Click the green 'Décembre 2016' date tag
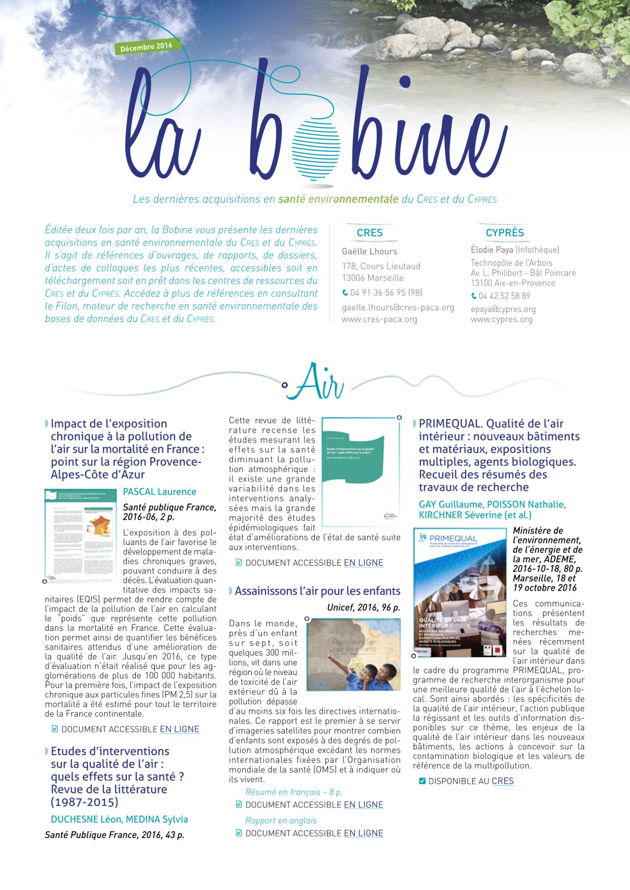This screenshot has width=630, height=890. pyautogui.click(x=146, y=46)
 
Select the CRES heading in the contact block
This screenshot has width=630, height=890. pyautogui.click(x=370, y=233)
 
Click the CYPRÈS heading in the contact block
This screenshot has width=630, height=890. pyautogui.click(x=504, y=233)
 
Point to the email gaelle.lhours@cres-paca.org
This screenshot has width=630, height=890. pyautogui.click(x=398, y=307)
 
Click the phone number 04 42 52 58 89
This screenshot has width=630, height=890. pyautogui.click(x=504, y=296)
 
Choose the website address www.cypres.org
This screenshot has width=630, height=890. pyautogui.click(x=501, y=319)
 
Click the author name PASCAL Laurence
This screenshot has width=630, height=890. pyautogui.click(x=159, y=492)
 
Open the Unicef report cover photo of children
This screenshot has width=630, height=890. pyautogui.click(x=354, y=654)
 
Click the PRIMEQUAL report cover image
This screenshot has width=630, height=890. pyautogui.click(x=460, y=592)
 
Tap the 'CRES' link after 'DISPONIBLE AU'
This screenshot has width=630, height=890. pyautogui.click(x=503, y=781)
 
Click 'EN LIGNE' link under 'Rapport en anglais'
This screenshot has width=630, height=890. pyautogui.click(x=363, y=833)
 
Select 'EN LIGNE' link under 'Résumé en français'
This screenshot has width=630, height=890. pyautogui.click(x=363, y=805)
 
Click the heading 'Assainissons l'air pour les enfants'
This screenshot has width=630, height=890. pyautogui.click(x=317, y=591)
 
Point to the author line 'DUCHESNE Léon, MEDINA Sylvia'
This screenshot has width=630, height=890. pyautogui.click(x=119, y=819)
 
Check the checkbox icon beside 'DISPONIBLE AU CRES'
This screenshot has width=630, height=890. pyautogui.click(x=423, y=781)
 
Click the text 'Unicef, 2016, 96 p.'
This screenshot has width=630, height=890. pyautogui.click(x=363, y=607)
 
